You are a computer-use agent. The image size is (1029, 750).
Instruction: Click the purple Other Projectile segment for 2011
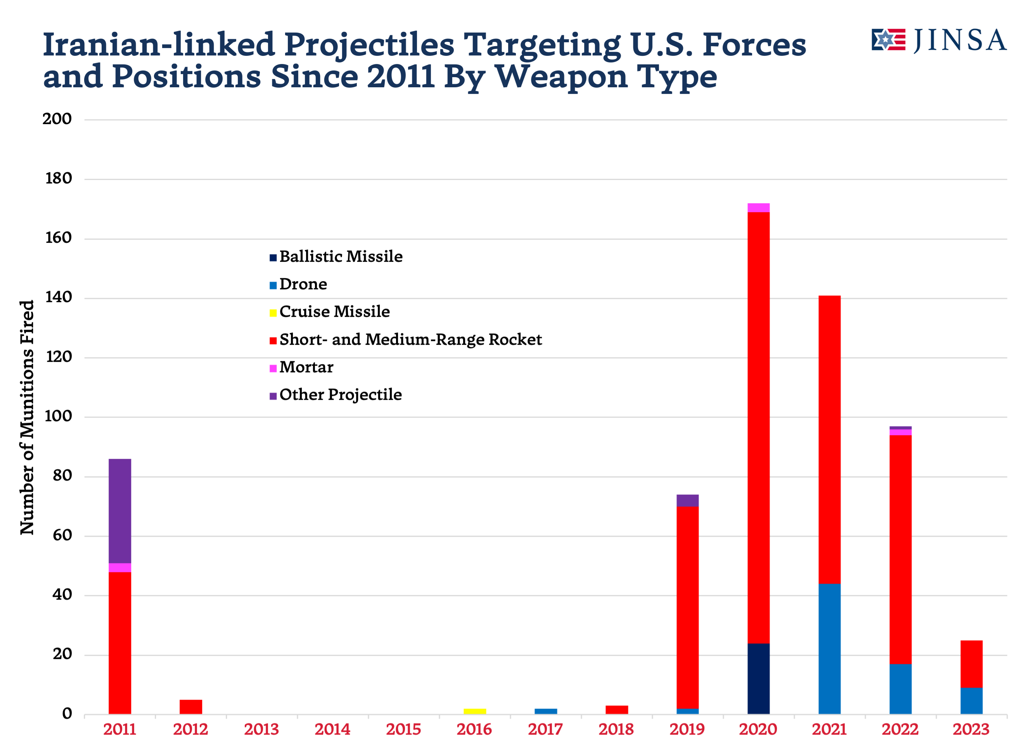coord(120,511)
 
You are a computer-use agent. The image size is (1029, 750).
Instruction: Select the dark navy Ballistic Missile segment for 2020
coord(758,679)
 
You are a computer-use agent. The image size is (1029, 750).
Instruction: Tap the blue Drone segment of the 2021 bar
coord(829,649)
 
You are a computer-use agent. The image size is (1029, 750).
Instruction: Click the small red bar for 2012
coord(191,707)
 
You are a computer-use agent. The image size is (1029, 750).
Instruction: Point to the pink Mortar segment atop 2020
coord(758,207)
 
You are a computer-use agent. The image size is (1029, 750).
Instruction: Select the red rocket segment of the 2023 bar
coord(971,664)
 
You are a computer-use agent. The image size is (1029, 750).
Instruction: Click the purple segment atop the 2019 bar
coord(688,500)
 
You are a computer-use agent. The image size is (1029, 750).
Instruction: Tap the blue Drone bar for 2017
coord(545,711)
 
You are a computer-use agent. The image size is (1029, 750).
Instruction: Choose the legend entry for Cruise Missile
coord(334,312)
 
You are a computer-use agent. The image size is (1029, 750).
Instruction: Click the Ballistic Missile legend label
coord(341,256)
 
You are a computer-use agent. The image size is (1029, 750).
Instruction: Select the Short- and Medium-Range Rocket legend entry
coord(410,340)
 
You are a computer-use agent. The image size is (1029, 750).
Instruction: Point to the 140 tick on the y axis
coord(59,297)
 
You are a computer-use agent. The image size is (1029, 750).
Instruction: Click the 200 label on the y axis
coord(57,119)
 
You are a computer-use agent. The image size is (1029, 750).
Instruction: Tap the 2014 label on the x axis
coord(332,729)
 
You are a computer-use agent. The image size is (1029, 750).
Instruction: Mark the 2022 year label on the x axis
coord(900,729)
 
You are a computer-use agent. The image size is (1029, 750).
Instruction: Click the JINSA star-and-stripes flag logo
coord(888,40)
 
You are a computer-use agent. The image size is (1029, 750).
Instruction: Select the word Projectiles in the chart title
coord(369,45)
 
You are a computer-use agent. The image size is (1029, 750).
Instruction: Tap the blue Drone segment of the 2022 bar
coord(900,689)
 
